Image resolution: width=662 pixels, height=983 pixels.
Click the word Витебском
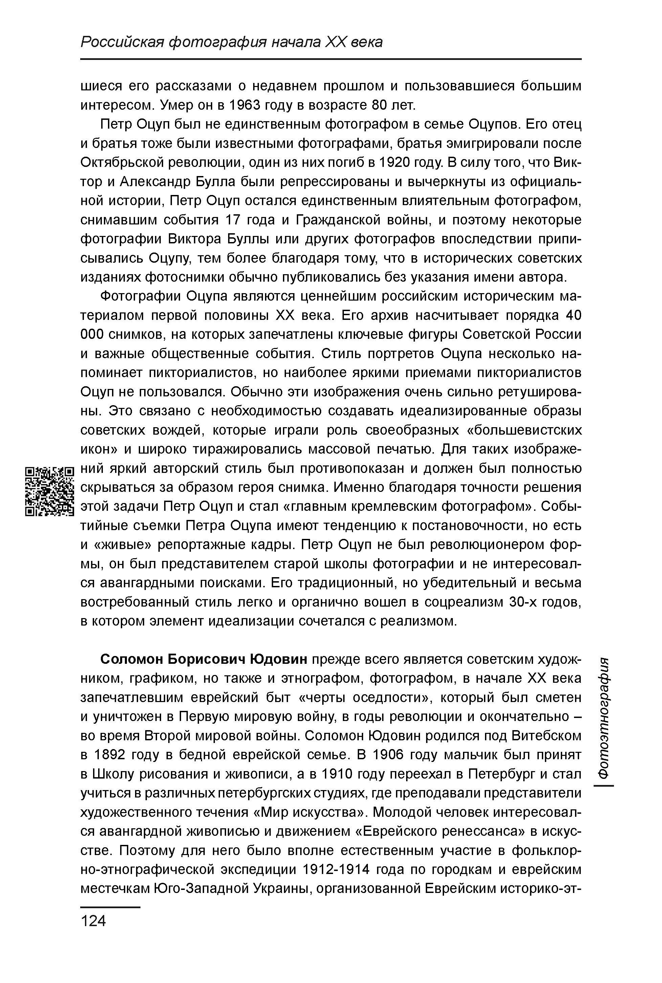point(546,736)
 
